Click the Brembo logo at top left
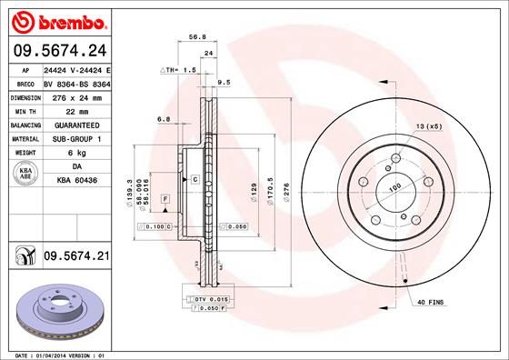pos(58,20)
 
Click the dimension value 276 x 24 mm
pos(71,97)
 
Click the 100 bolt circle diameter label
pos(394,188)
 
